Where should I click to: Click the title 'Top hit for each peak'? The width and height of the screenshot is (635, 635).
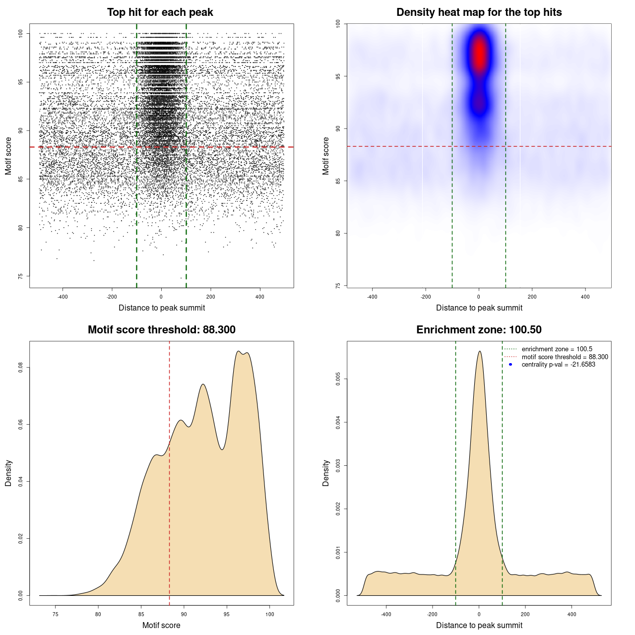tap(160, 12)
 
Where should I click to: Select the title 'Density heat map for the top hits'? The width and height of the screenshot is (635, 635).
tap(479, 12)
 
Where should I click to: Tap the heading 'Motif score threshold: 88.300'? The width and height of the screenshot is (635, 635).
tap(161, 330)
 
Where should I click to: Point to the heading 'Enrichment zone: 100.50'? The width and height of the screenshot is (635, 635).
tap(479, 330)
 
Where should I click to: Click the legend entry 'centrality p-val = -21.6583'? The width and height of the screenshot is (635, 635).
tap(558, 365)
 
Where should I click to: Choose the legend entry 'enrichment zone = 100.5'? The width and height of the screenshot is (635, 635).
tap(557, 349)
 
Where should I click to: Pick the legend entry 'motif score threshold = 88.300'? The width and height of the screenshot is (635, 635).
tap(565, 357)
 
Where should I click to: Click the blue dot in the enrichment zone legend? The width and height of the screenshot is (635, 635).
tap(510, 365)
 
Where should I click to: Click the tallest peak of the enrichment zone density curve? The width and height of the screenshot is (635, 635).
tap(479, 352)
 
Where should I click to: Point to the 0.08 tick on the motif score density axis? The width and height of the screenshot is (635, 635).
tap(21, 368)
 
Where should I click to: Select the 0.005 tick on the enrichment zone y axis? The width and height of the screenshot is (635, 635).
tap(338, 380)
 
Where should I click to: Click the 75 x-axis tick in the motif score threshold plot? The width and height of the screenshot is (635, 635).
tap(55, 615)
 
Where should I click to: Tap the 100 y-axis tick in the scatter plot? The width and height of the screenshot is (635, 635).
tap(21, 34)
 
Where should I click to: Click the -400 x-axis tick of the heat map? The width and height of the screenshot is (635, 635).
tap(372, 297)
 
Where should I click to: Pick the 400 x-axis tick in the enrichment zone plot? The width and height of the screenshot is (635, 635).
tap(572, 615)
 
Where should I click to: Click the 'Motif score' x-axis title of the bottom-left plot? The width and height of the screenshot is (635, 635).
tap(161, 625)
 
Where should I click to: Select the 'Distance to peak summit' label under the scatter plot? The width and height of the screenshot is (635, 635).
tap(162, 308)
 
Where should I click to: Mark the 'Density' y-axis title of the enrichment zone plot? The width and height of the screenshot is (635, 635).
tap(326, 473)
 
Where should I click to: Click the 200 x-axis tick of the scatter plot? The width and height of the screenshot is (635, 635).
tap(210, 297)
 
